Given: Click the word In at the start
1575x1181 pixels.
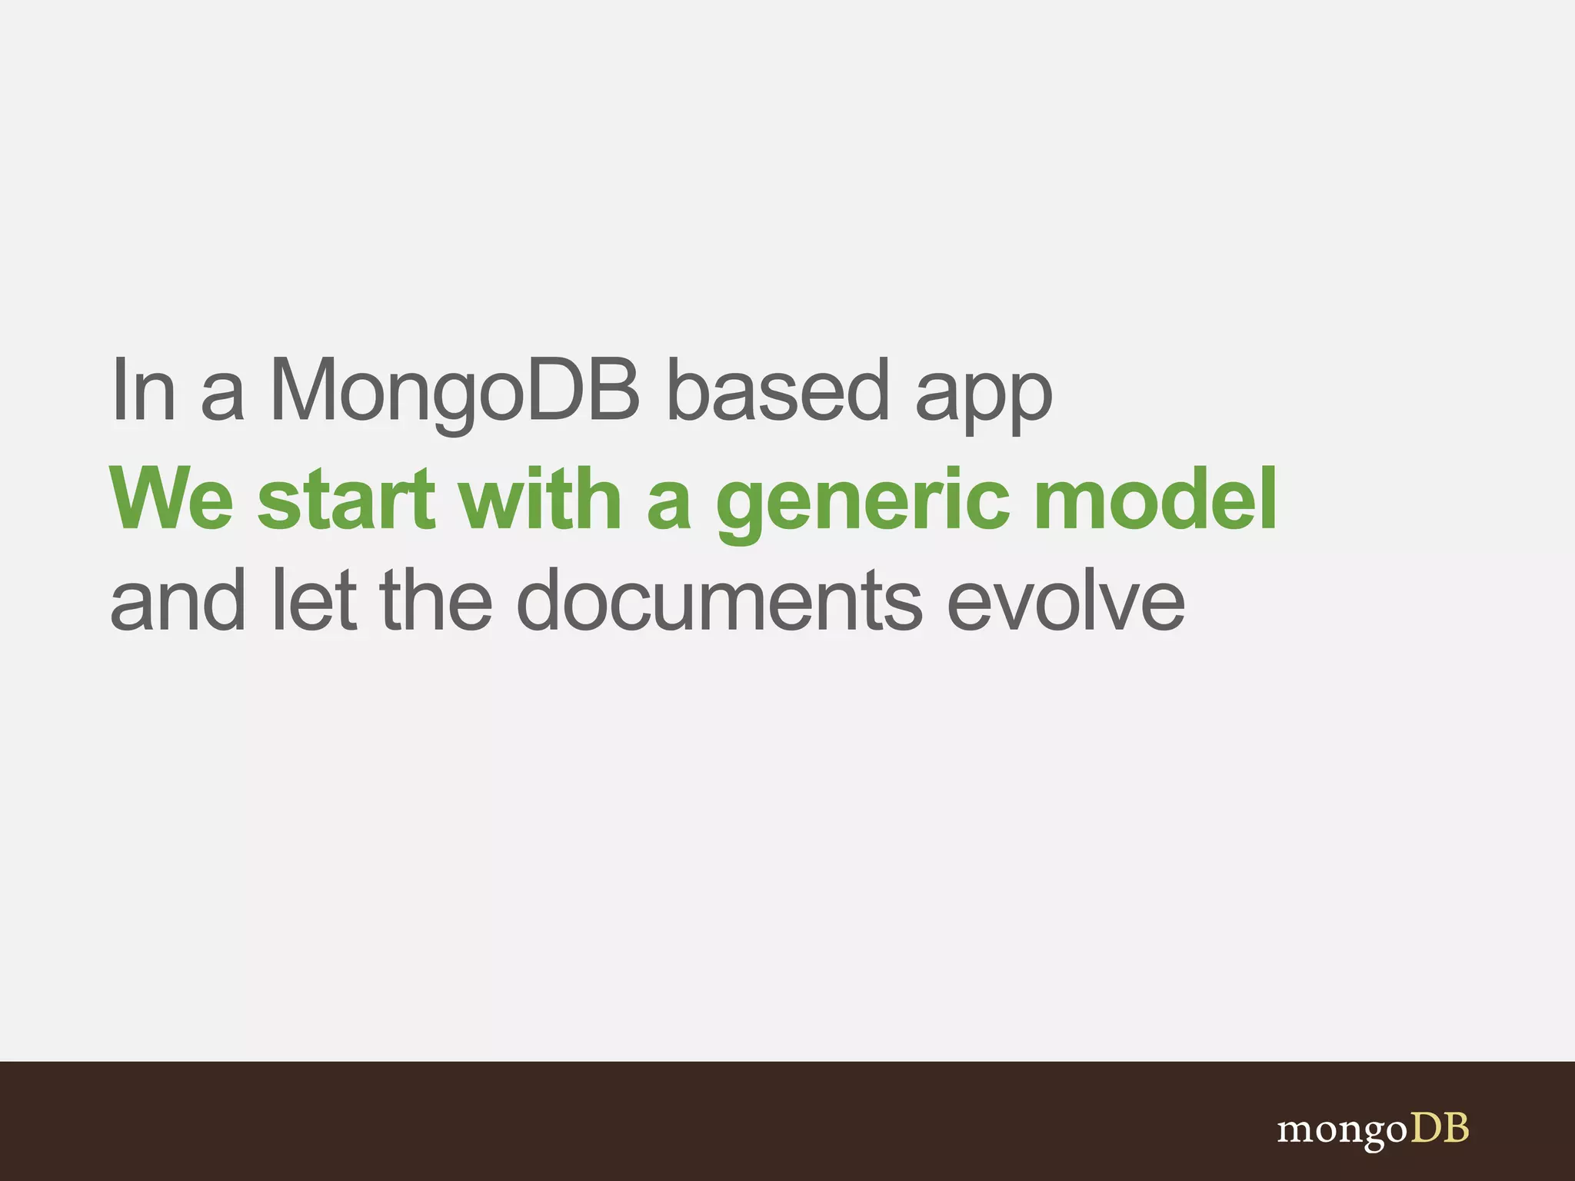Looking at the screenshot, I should click(144, 390).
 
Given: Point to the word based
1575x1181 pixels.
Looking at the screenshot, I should click(778, 390).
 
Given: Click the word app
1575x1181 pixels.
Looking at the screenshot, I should click(984, 400).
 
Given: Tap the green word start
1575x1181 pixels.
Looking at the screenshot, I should click(347, 500).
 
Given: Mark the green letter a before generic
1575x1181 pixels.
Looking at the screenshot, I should click(669, 507).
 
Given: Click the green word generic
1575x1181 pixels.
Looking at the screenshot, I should click(862, 504).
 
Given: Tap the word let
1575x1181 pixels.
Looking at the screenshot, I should click(315, 600).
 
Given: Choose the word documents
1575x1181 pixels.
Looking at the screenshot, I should click(718, 600).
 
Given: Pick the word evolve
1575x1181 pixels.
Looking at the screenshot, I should click(1066, 600).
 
